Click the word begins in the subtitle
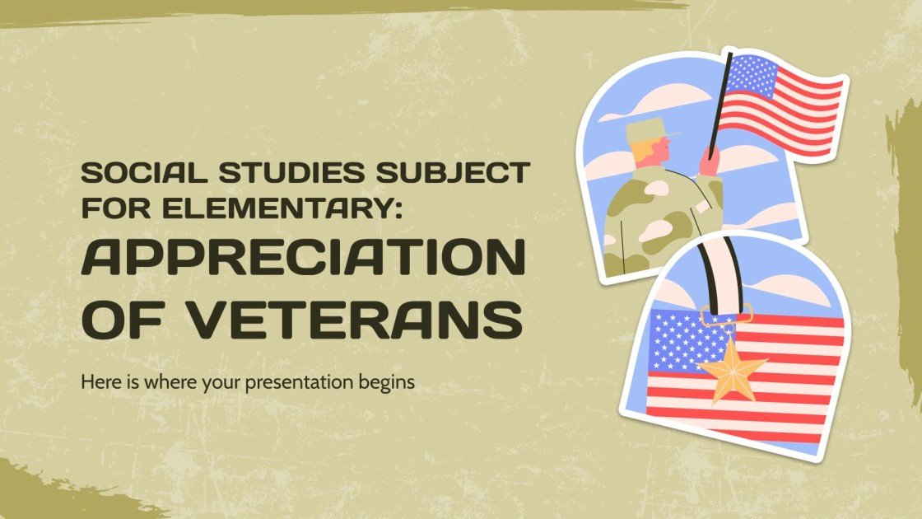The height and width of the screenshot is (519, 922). click(388, 383)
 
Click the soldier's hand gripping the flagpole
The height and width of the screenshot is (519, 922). click(709, 159)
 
